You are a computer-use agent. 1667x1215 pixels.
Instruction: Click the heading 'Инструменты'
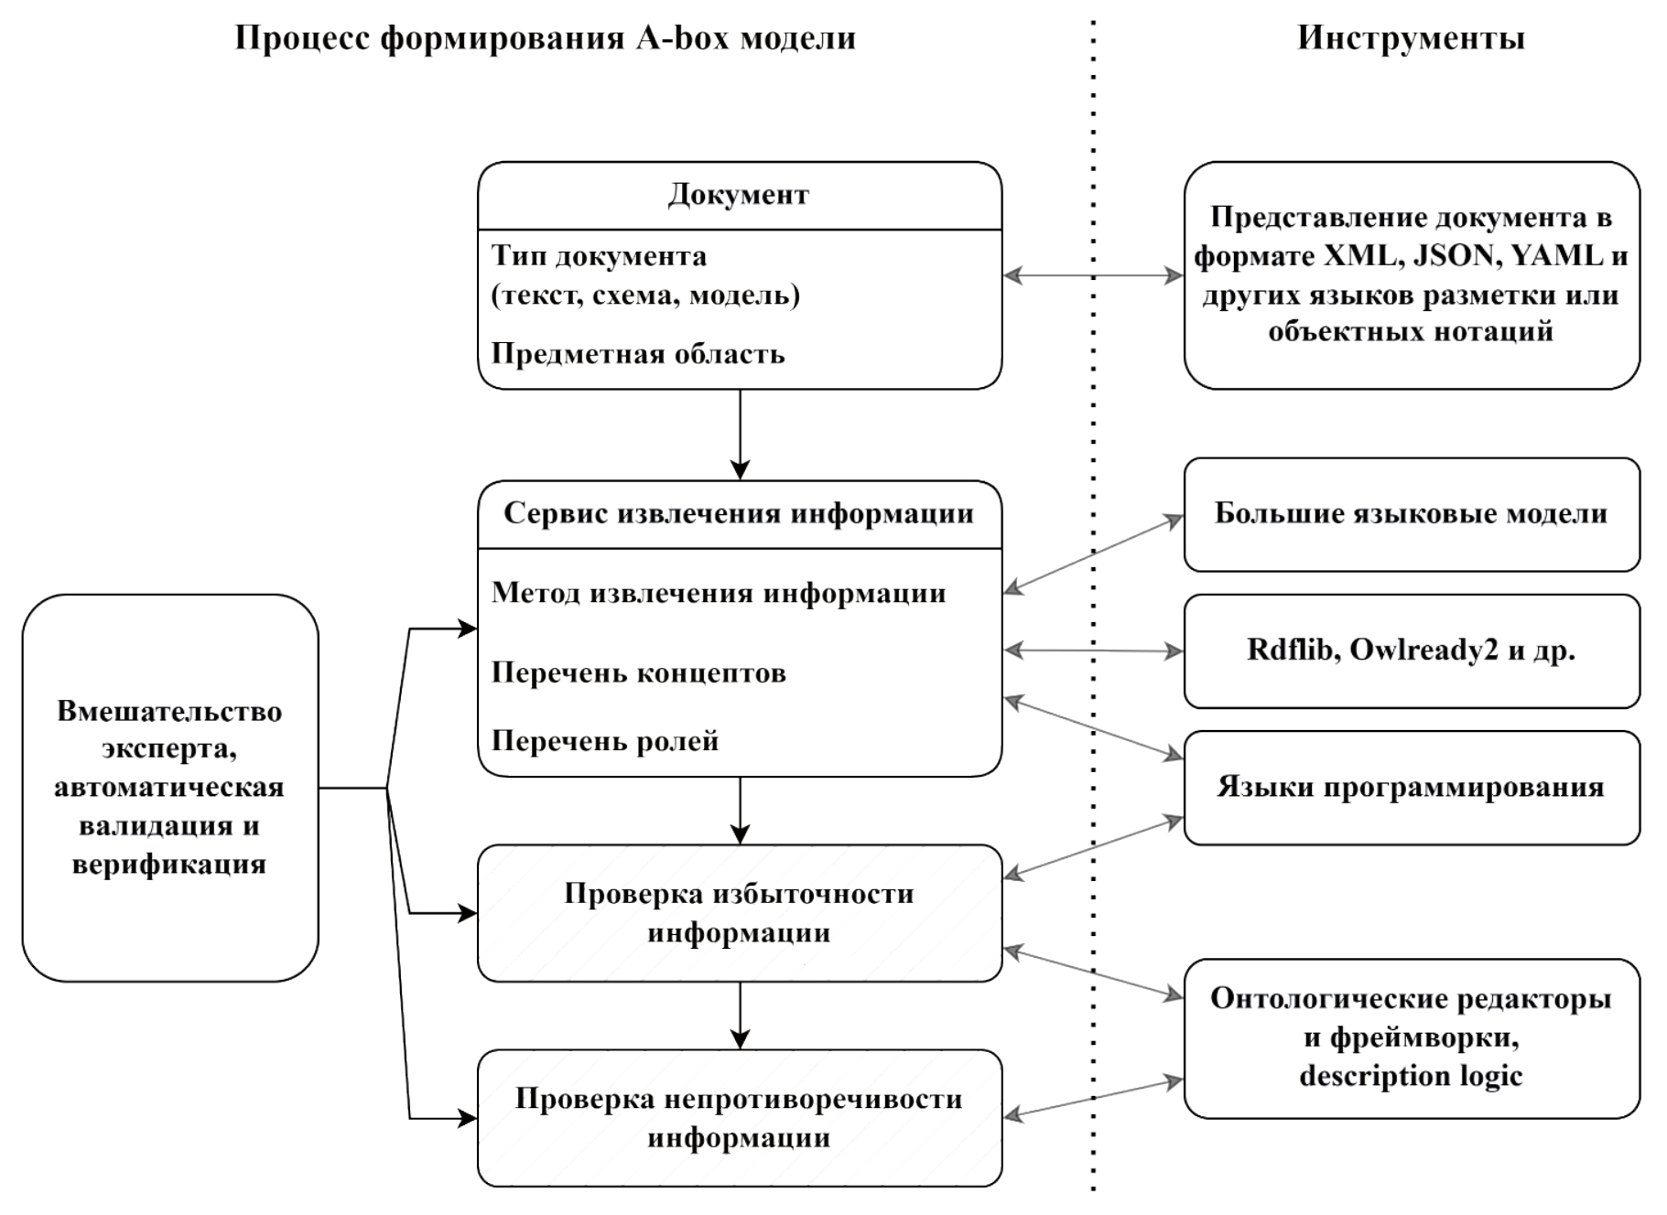click(x=1411, y=38)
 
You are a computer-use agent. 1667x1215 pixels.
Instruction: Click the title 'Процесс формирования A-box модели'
click(x=546, y=38)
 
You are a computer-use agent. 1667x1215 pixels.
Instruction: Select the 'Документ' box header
click(x=739, y=195)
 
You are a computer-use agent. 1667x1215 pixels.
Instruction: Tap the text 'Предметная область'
click(x=638, y=354)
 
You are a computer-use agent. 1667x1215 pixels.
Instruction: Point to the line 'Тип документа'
click(x=599, y=256)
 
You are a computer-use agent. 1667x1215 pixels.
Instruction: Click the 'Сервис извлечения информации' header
click(x=739, y=513)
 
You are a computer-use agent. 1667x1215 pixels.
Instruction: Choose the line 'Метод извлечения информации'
click(x=719, y=593)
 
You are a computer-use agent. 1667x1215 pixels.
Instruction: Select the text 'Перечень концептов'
click(x=638, y=673)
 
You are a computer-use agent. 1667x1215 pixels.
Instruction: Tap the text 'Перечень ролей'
click(x=604, y=741)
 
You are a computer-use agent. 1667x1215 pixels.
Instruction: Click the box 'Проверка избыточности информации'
click(x=739, y=913)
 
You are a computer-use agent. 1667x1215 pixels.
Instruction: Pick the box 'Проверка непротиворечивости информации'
click(x=739, y=1118)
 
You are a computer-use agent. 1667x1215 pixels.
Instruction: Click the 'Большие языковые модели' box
click(x=1411, y=514)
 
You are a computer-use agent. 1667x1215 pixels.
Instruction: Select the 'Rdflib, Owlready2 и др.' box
click(x=1411, y=651)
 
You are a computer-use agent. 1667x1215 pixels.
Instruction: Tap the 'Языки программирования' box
click(x=1411, y=787)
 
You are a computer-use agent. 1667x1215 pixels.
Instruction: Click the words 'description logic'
click(x=1411, y=1076)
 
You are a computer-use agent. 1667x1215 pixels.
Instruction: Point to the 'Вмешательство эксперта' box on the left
click(x=169, y=787)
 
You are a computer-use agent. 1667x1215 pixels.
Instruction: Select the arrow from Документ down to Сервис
click(x=740, y=435)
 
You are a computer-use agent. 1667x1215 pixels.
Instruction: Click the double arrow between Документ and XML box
click(x=1093, y=274)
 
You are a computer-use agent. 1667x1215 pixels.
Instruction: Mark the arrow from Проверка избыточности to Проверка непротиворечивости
click(x=740, y=1016)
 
